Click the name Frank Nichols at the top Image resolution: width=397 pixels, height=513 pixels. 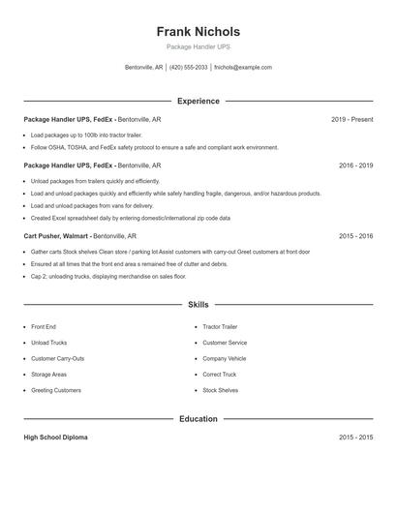click(x=198, y=31)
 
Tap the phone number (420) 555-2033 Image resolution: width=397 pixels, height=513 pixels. click(x=189, y=68)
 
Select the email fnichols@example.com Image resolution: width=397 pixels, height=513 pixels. click(x=243, y=68)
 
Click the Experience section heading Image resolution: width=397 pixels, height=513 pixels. click(x=198, y=101)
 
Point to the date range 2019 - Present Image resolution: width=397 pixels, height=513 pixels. click(x=351, y=119)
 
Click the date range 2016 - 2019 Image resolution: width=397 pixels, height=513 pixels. click(x=355, y=166)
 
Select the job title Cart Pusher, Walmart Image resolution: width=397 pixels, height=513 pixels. click(x=59, y=235)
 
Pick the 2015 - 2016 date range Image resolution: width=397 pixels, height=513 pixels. click(x=355, y=235)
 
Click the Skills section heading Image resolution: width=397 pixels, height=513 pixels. click(x=198, y=304)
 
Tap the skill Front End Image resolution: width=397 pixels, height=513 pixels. click(x=44, y=327)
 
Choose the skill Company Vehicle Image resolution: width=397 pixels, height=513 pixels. click(x=225, y=358)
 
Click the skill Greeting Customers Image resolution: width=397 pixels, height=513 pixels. click(x=56, y=390)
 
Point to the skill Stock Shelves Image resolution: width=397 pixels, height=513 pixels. click(x=220, y=390)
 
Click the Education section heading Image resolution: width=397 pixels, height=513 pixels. click(x=198, y=419)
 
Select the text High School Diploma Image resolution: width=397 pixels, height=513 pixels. click(x=55, y=438)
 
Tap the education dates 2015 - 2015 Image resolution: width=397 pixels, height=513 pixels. click(x=355, y=438)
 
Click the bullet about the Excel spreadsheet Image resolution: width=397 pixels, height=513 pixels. click(x=130, y=218)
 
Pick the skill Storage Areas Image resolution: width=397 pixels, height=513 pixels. click(x=48, y=374)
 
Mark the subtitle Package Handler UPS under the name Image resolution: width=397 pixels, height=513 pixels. click(x=198, y=46)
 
